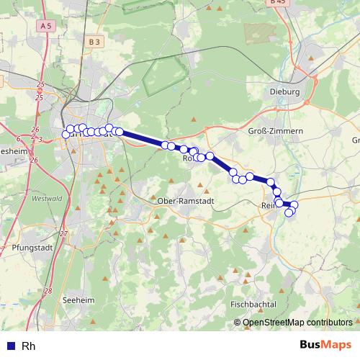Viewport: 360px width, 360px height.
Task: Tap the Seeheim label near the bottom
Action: tap(79, 300)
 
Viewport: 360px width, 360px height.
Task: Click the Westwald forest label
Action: tap(48, 198)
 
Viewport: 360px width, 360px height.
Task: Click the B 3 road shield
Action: tap(95, 42)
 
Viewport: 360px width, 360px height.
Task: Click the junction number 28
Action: tap(48, 292)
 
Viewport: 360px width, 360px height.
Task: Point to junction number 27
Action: tap(63, 234)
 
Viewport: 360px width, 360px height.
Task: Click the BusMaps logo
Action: tap(325, 345)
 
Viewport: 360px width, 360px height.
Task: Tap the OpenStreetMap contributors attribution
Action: tap(297, 323)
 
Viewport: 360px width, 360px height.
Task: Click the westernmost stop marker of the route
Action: tap(66, 134)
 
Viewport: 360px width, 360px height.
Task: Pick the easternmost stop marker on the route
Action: tap(294, 206)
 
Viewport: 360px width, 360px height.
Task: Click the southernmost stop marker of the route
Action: tap(289, 212)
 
